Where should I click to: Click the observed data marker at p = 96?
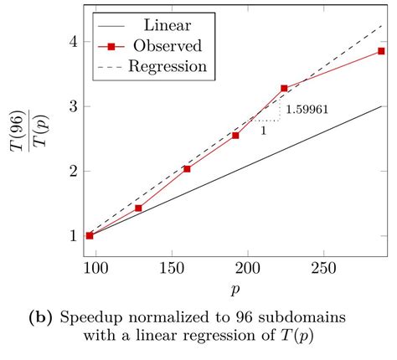point(90,235)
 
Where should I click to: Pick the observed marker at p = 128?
point(138,208)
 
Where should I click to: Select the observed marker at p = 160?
point(187,169)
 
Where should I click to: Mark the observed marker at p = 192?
point(235,136)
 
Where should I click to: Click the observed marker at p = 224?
point(284,88)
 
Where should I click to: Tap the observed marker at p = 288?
point(381,51)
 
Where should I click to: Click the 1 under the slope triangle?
point(265,131)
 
